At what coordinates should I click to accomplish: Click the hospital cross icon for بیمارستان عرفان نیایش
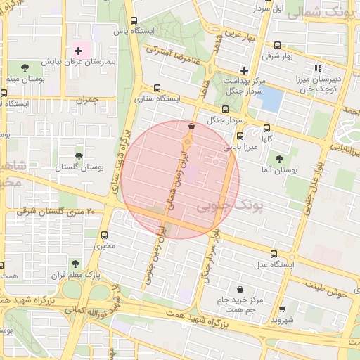pyautogui.click(x=78, y=51)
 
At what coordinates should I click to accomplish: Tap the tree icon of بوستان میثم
pyautogui.click(x=25, y=67)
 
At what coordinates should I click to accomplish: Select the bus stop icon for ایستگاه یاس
pyautogui.click(x=134, y=21)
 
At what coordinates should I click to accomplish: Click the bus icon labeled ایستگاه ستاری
pyautogui.click(x=157, y=89)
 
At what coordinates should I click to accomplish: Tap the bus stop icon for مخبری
pyautogui.click(x=105, y=236)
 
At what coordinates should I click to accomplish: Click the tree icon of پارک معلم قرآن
pyautogui.click(x=75, y=264)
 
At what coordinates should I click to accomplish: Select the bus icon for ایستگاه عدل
pyautogui.click(x=274, y=254)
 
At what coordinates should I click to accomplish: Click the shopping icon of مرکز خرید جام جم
pyautogui.click(x=241, y=289)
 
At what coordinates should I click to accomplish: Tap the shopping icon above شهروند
pyautogui.click(x=282, y=309)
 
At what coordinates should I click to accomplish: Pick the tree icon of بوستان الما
pyautogui.click(x=280, y=159)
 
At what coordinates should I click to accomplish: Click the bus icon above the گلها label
pyautogui.click(x=266, y=129)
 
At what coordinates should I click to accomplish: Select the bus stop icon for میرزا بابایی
pyautogui.click(x=240, y=136)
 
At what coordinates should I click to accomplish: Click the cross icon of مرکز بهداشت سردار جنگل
pyautogui.click(x=244, y=70)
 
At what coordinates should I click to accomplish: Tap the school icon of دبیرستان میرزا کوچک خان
pyautogui.click(x=318, y=69)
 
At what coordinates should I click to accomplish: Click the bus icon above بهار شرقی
pyautogui.click(x=277, y=43)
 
